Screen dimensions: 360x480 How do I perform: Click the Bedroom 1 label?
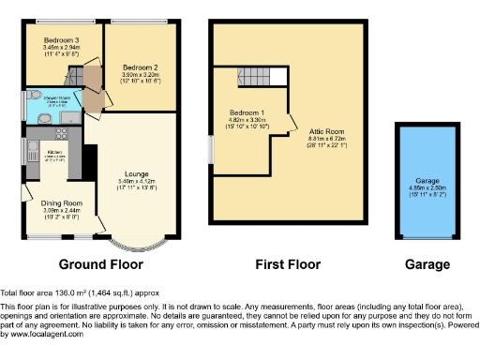(x=248, y=113)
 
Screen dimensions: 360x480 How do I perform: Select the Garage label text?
(x=428, y=180)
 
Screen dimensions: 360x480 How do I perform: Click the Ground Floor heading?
(x=99, y=264)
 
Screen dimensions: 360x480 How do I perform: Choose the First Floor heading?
(x=288, y=264)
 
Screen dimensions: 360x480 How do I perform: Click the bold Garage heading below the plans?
(x=427, y=264)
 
